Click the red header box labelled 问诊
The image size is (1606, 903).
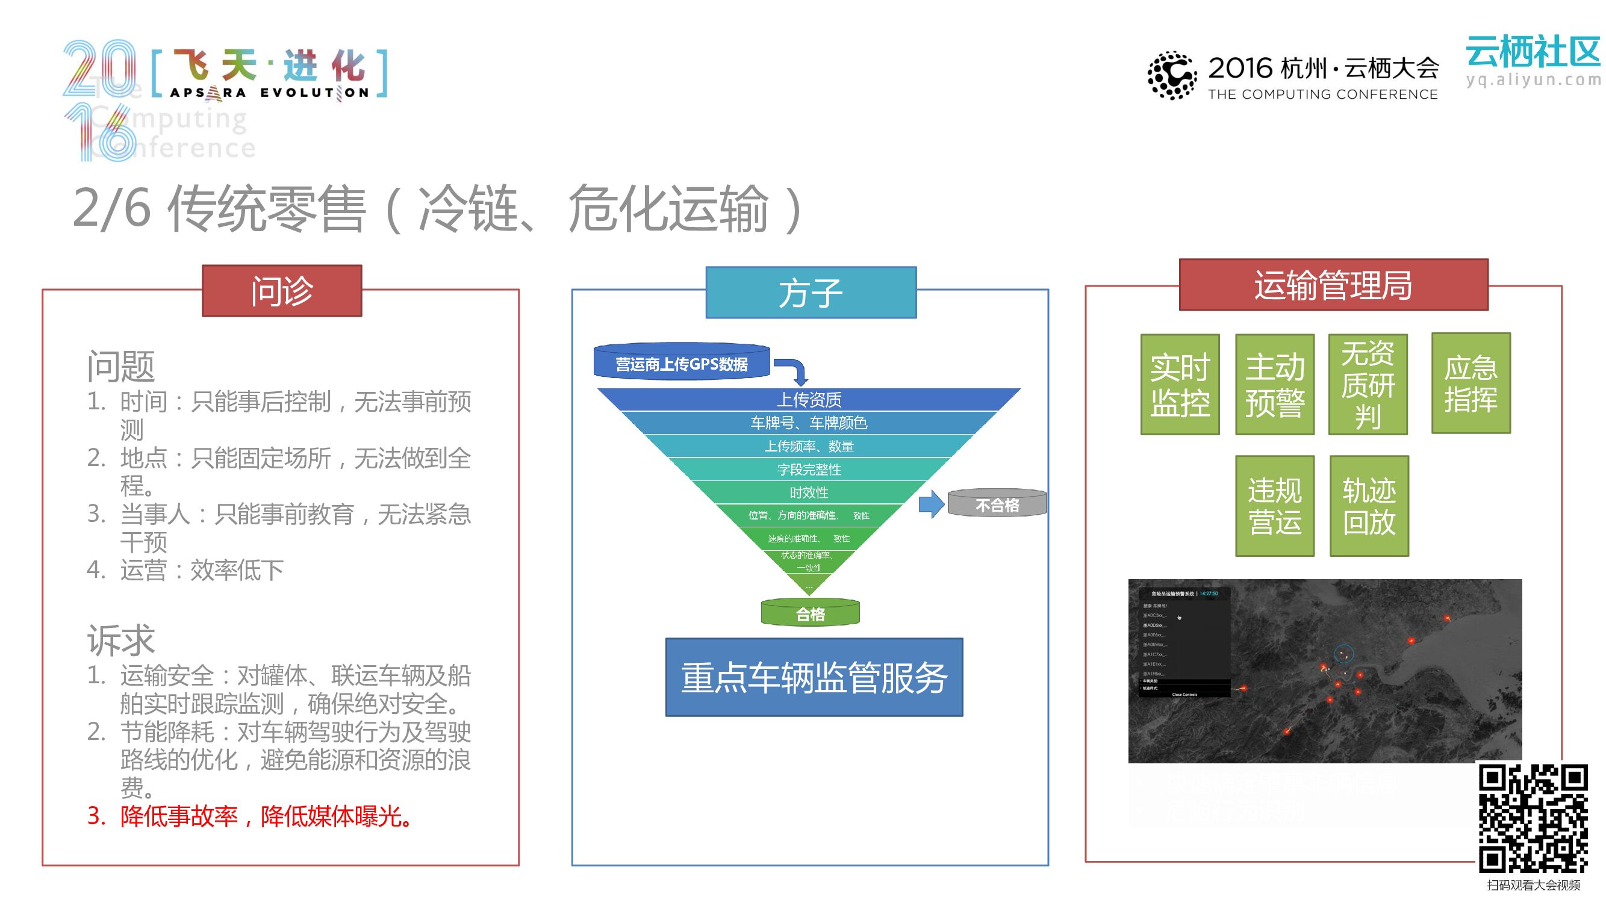pos(282,290)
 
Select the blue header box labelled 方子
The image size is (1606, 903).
pos(811,293)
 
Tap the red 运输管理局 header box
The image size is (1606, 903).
pos(1333,285)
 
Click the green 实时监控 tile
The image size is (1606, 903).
pos(1180,384)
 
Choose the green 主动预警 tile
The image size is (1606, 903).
pos(1274,384)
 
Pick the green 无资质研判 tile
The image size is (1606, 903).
pos(1368,384)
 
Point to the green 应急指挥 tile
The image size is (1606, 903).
pos(1471,383)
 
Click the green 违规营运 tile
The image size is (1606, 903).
pos(1274,506)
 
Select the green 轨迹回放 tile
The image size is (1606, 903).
pos(1369,506)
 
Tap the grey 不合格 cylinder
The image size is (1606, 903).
pos(997,503)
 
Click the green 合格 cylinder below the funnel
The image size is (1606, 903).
pos(810,613)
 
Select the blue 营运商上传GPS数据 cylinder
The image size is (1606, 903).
pos(682,361)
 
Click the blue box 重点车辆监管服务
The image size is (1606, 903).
pos(814,677)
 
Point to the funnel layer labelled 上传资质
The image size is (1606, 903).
pos(809,400)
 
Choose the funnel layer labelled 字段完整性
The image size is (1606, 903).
pos(809,470)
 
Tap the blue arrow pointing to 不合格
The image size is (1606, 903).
pos(932,503)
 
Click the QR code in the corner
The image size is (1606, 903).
pos(1533,818)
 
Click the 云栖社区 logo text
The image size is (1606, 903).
pos(1533,52)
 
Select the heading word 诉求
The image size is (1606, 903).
pos(120,640)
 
